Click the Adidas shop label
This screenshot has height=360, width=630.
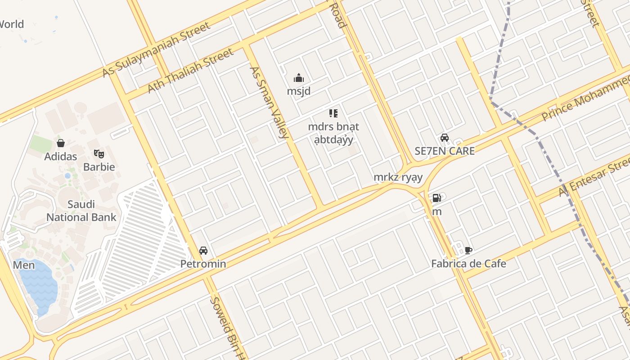click(x=61, y=157)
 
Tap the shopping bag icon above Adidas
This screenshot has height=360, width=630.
click(x=61, y=144)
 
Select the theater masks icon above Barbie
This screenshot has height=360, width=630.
click(x=99, y=154)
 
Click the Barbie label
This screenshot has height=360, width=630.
click(x=99, y=167)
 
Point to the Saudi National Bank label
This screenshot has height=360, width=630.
click(x=81, y=211)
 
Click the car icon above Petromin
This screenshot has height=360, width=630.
click(x=203, y=251)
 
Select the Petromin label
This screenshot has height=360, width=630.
click(x=203, y=264)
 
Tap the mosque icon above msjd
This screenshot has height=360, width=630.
click(x=299, y=78)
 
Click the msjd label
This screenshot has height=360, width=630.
click(x=299, y=91)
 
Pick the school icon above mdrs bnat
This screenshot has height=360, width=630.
click(x=333, y=113)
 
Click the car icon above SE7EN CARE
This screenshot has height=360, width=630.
click(x=445, y=138)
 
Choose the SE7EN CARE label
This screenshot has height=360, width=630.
click(x=445, y=151)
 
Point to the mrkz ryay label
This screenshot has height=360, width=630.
click(x=398, y=177)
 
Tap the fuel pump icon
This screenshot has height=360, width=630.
click(x=436, y=198)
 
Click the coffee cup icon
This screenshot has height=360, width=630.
click(x=468, y=251)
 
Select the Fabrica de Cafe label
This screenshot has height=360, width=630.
click(x=468, y=264)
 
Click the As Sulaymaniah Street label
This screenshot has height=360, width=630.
click(x=157, y=49)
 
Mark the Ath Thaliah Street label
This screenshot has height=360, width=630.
click(x=191, y=71)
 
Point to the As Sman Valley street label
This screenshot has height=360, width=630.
click(x=269, y=102)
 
